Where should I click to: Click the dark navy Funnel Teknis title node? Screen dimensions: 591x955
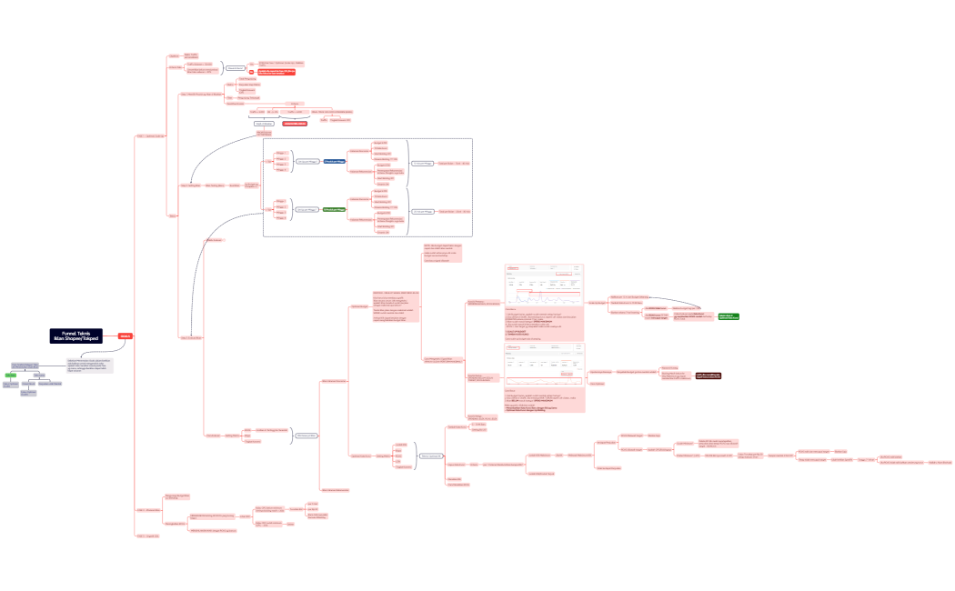[76, 336]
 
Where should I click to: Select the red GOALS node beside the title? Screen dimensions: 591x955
[126, 336]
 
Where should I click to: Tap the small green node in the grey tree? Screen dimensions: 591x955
[11, 375]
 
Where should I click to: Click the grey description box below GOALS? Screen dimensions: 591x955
[91, 366]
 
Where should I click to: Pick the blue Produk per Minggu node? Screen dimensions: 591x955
[334, 161]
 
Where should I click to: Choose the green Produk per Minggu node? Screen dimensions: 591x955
[334, 210]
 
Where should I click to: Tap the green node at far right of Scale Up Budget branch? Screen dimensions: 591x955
[728, 316]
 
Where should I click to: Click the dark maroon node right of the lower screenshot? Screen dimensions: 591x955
[709, 375]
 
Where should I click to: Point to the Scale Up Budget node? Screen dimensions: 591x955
[597, 302]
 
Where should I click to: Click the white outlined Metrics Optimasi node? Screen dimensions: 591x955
[431, 456]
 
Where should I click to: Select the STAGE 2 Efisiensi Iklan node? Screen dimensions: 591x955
[147, 510]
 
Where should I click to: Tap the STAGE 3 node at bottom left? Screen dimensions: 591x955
[147, 536]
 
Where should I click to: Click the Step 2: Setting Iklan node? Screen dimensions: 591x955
[190, 185]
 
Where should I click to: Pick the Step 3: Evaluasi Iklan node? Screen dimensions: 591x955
[190, 337]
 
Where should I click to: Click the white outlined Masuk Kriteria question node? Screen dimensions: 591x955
[236, 68]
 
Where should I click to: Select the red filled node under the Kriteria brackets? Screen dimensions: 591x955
[294, 123]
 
